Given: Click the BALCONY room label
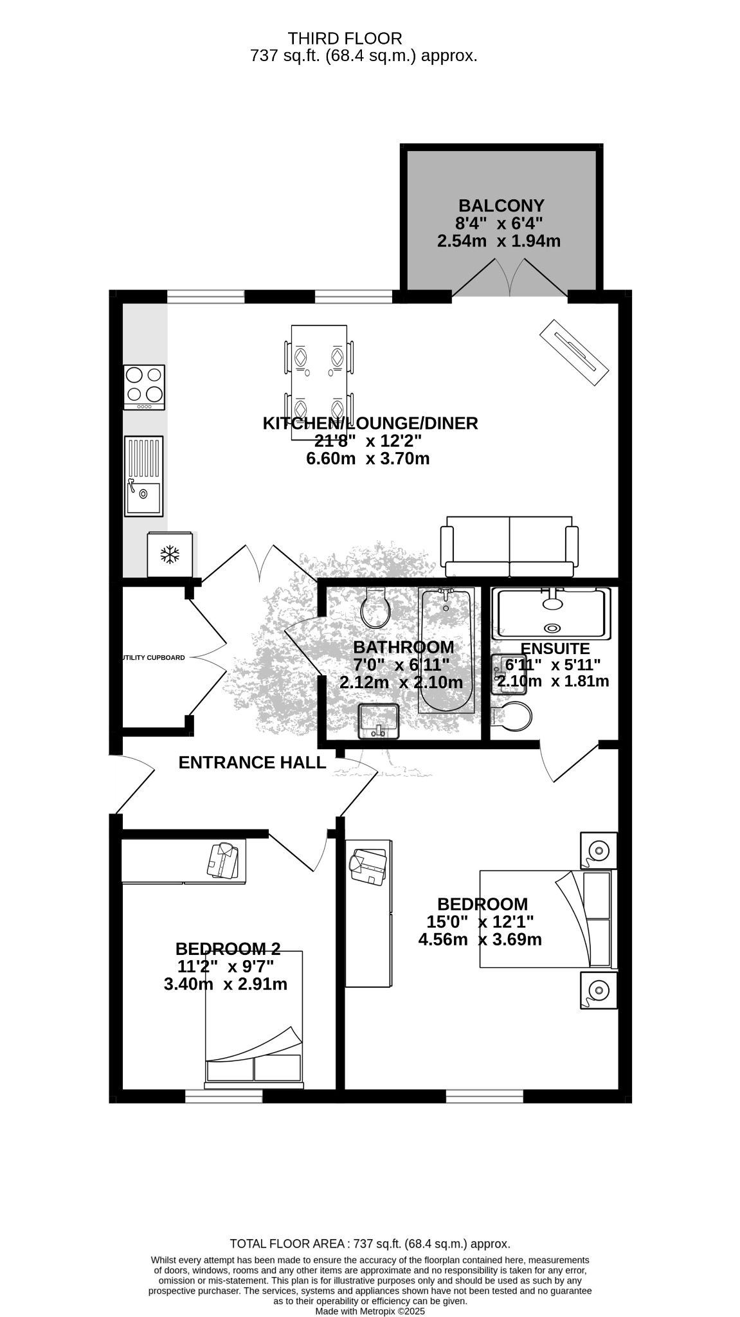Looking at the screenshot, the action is click(501, 206).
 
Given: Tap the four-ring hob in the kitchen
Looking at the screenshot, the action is click(144, 387).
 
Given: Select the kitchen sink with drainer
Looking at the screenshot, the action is click(143, 476).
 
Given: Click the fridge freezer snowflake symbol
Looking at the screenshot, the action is click(170, 554).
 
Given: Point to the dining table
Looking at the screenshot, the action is click(319, 383).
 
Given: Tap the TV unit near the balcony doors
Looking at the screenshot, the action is click(573, 352).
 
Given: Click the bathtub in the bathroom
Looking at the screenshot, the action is click(446, 650).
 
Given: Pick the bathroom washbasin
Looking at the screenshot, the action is click(379, 722).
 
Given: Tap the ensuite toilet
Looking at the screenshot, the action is click(512, 716).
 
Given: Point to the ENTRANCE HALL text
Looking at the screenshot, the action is click(252, 763).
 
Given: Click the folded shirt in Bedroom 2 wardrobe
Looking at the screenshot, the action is click(222, 860).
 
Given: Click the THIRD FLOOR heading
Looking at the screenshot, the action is click(345, 39).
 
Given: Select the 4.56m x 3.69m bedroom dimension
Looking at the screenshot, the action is click(480, 940).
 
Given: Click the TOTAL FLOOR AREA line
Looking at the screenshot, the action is click(370, 1244).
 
